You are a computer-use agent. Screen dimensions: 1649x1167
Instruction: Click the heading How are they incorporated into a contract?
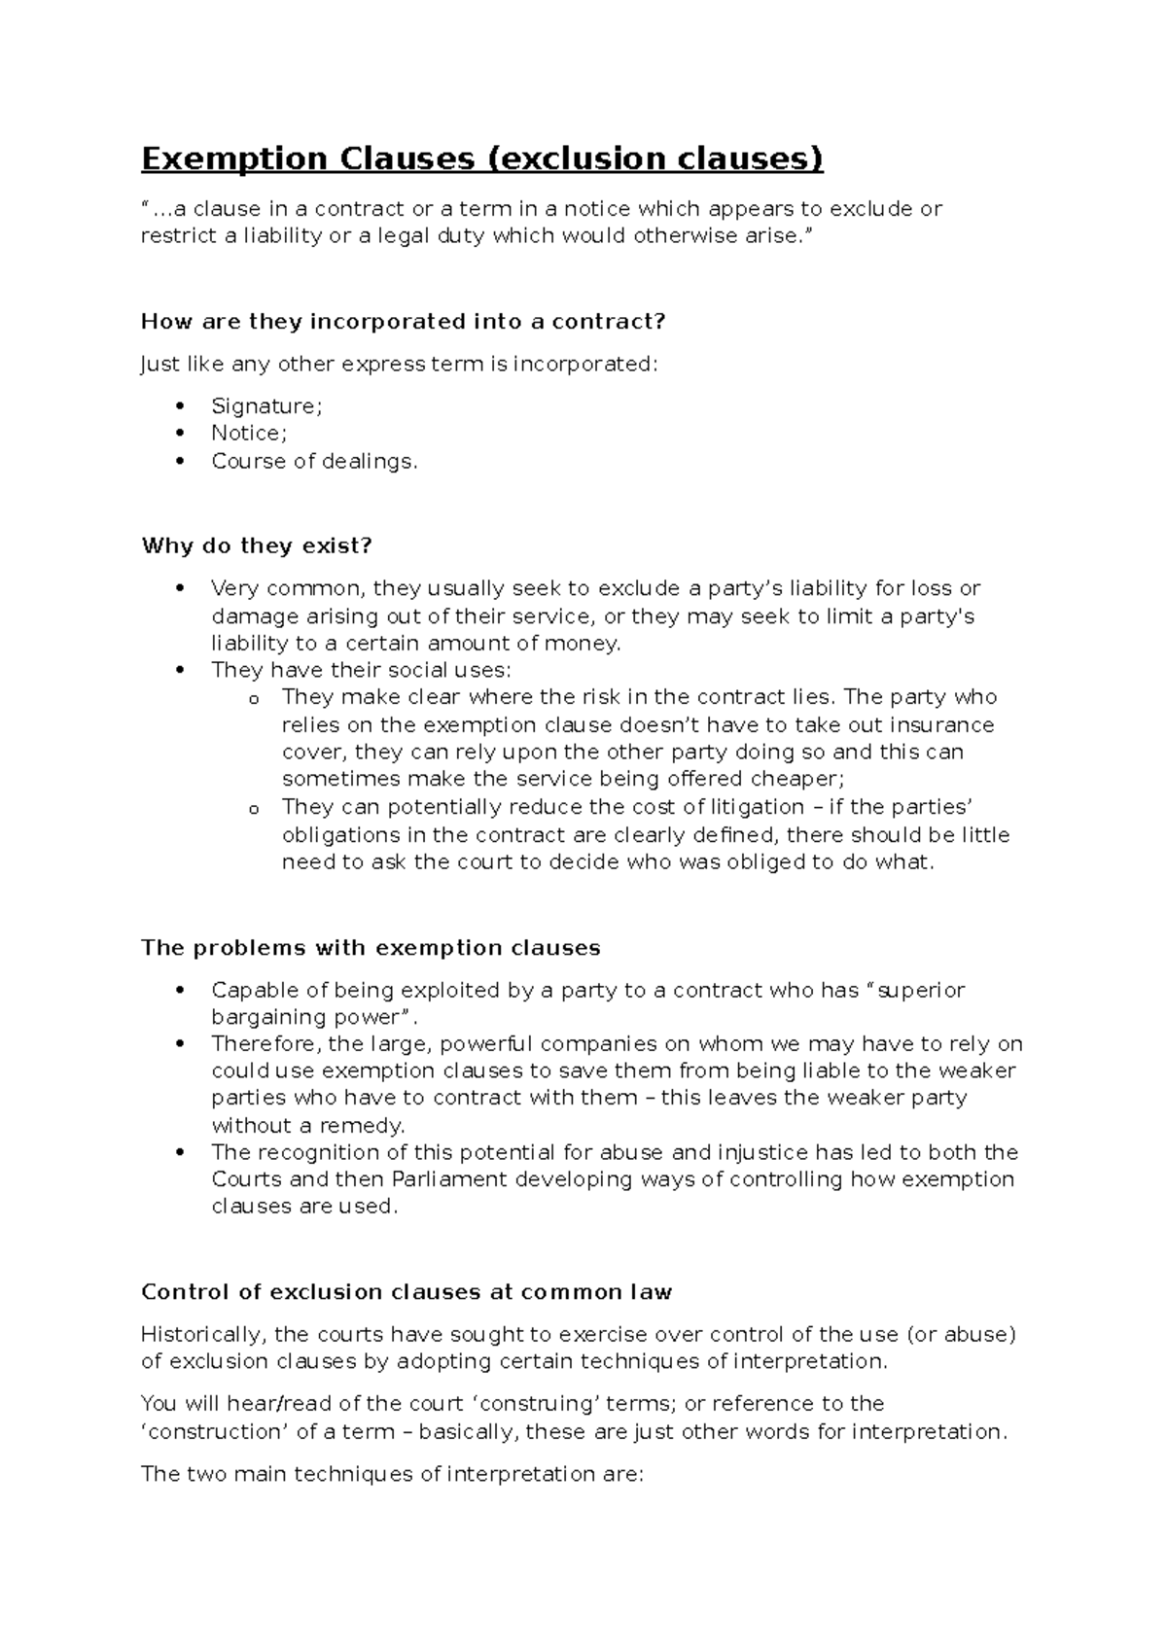tap(403, 321)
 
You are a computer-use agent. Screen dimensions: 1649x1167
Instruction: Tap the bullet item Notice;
tap(249, 434)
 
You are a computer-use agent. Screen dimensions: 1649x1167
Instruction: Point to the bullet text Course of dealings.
tap(314, 461)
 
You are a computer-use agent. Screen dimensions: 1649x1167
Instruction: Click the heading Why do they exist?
tap(257, 545)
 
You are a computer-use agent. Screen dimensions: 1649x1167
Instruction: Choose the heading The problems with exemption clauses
tap(371, 948)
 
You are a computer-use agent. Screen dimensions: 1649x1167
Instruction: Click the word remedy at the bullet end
tap(367, 1126)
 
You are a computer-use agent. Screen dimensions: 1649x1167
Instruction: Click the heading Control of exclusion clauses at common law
tap(407, 1292)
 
